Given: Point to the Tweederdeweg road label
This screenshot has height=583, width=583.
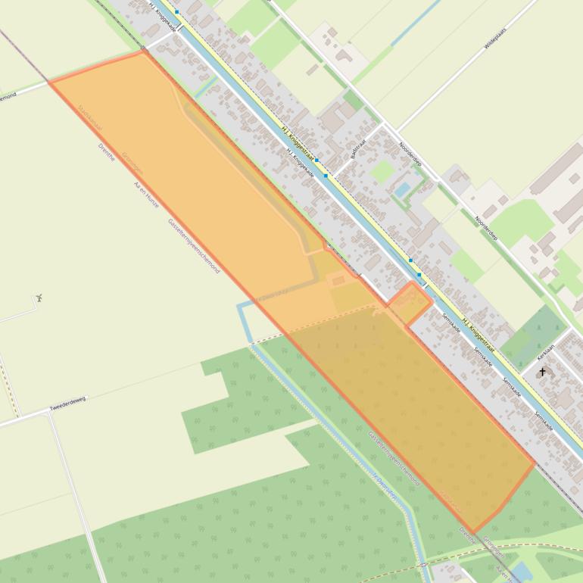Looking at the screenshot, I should [x=68, y=403].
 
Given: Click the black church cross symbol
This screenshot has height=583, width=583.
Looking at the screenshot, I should [x=542, y=372].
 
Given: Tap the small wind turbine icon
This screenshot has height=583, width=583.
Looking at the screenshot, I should [x=39, y=298].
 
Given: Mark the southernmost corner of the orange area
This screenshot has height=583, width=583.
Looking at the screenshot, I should [x=473, y=532].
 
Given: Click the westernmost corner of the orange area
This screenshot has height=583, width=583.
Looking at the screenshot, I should [x=50, y=82].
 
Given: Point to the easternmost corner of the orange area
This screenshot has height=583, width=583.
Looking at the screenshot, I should [x=535, y=463].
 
